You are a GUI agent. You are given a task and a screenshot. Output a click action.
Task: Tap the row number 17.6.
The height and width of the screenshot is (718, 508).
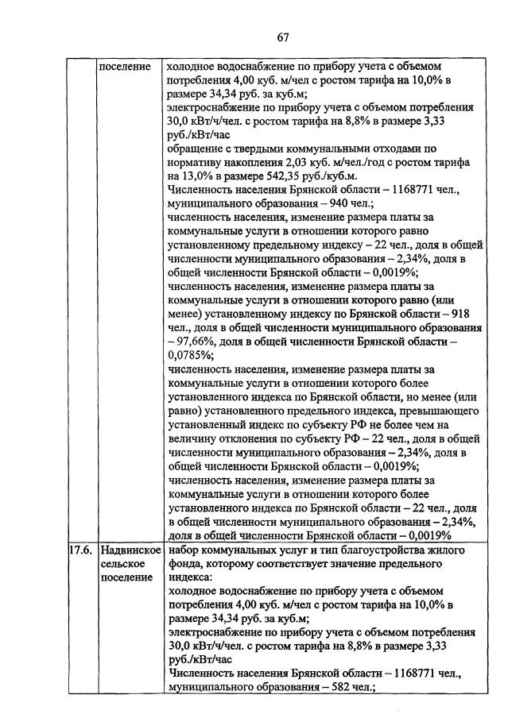click(x=79, y=550)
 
